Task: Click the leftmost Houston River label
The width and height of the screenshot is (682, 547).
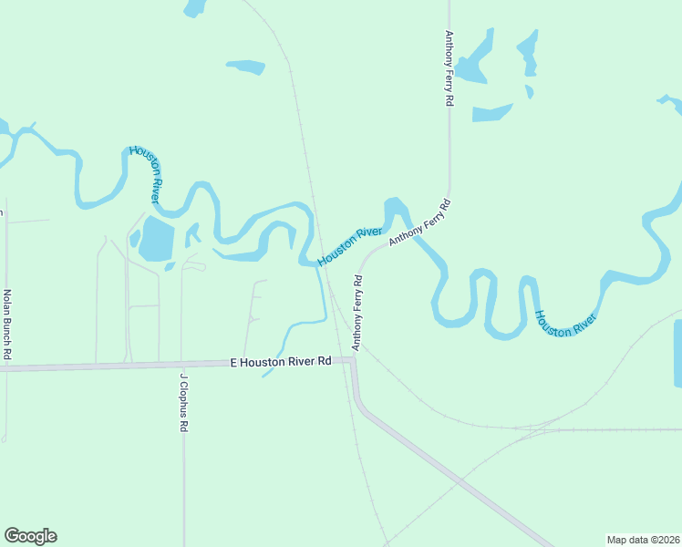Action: click(146, 174)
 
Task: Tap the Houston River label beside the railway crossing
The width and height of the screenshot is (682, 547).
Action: click(349, 246)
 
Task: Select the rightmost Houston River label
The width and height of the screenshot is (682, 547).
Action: click(565, 324)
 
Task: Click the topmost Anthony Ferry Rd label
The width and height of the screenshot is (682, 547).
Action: click(449, 69)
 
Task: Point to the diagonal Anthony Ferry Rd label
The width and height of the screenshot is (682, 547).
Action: click(419, 222)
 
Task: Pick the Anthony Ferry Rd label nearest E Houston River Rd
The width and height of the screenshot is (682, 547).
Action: click(358, 311)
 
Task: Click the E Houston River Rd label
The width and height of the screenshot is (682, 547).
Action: click(281, 362)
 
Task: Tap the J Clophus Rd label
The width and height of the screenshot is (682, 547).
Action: click(183, 402)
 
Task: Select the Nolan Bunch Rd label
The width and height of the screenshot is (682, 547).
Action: click(7, 323)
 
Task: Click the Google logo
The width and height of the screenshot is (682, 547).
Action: click(31, 536)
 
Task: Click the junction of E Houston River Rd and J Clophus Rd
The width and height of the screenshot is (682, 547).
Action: click(182, 364)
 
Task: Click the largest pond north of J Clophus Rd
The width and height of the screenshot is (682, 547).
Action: click(156, 239)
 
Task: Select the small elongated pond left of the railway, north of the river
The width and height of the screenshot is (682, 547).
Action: click(245, 67)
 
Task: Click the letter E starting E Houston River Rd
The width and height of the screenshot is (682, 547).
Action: click(234, 362)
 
